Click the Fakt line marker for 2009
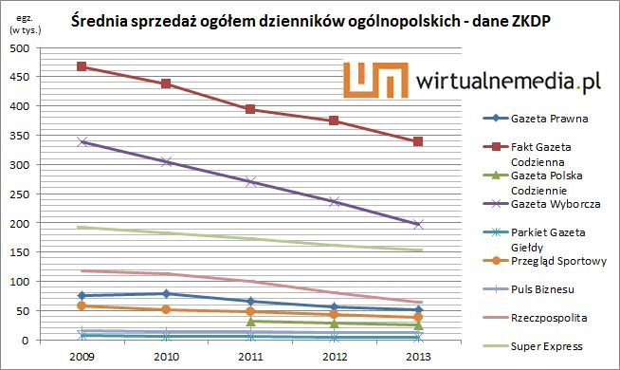82,66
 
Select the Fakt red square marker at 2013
418,141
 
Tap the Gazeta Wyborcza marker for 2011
250,181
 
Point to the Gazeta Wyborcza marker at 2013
418,224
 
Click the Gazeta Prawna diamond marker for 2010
167,294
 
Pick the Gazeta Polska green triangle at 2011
250,322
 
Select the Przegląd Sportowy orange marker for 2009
82,305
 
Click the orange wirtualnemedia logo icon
373,83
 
